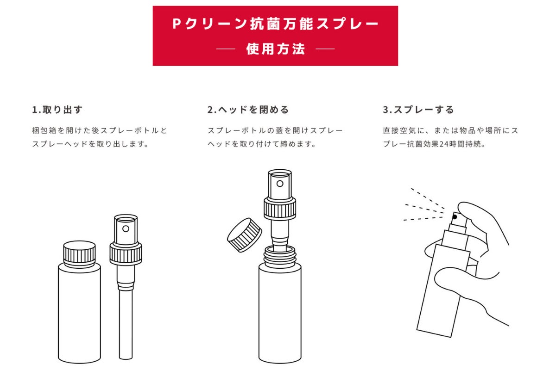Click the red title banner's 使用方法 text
click(x=276, y=49)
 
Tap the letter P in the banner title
click(x=176, y=24)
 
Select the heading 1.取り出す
click(x=57, y=110)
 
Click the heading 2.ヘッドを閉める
click(x=248, y=110)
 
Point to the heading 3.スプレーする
click(x=418, y=110)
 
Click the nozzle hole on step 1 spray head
click(x=126, y=228)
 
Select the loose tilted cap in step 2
click(x=245, y=235)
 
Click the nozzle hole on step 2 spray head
click(x=280, y=184)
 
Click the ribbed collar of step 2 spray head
click(x=280, y=208)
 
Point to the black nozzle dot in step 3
click(x=455, y=217)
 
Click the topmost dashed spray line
click(x=428, y=198)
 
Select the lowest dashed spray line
click(x=423, y=219)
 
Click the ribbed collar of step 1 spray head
click(x=126, y=253)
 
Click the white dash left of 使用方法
click(x=226, y=49)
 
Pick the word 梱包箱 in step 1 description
click(x=44, y=130)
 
